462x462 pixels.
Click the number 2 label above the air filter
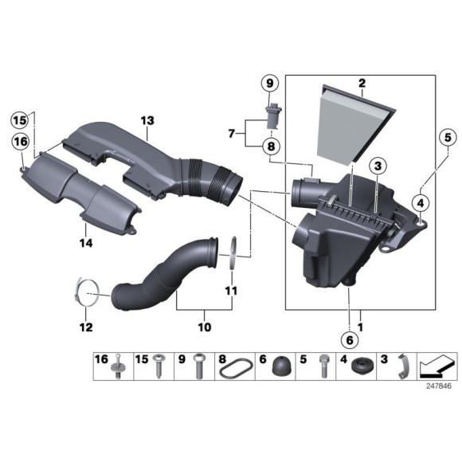[x=362, y=83]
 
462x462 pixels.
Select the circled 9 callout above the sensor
[x=268, y=84]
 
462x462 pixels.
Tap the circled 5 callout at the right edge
[x=442, y=136]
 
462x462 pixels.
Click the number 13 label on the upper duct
[x=147, y=120]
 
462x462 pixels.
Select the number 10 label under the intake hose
[x=203, y=327]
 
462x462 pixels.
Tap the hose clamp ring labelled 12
[x=88, y=292]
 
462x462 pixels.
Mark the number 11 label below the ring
[x=231, y=291]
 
